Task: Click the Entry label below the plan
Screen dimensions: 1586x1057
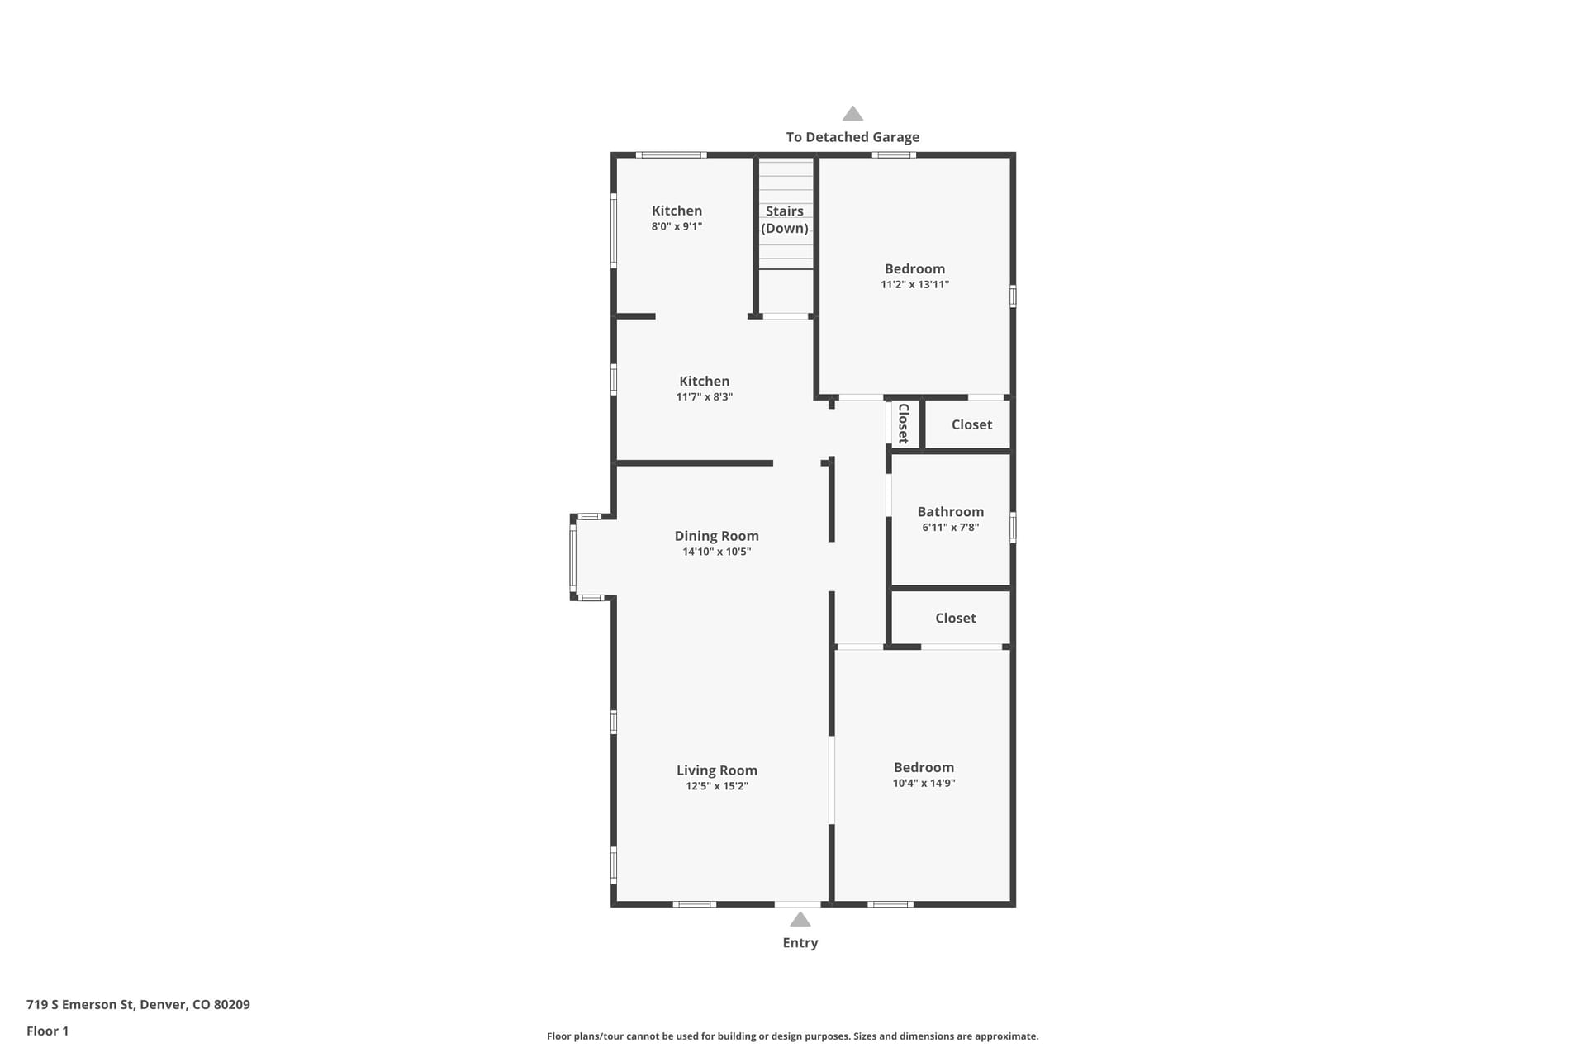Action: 800,942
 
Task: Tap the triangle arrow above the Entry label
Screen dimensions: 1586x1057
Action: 800,919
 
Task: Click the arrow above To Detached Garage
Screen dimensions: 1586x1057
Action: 852,113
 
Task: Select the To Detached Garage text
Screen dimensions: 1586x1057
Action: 852,137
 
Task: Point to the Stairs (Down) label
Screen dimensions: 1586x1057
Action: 785,220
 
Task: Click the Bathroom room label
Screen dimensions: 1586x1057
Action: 950,512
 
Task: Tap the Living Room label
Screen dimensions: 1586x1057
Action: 717,770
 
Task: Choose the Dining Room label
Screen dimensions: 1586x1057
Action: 716,536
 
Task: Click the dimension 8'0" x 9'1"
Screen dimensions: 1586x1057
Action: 677,226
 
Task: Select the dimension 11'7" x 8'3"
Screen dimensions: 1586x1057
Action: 705,396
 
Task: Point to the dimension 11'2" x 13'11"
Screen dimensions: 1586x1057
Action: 914,284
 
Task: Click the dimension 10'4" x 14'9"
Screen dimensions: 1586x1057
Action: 924,783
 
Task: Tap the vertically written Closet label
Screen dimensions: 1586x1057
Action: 904,424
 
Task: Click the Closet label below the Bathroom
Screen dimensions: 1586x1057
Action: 956,618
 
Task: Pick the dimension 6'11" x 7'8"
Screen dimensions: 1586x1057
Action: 950,527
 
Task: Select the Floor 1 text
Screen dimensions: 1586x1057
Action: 47,1031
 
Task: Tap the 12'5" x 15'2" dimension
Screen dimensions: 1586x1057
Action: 717,786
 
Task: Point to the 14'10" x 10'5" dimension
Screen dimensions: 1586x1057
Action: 716,552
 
